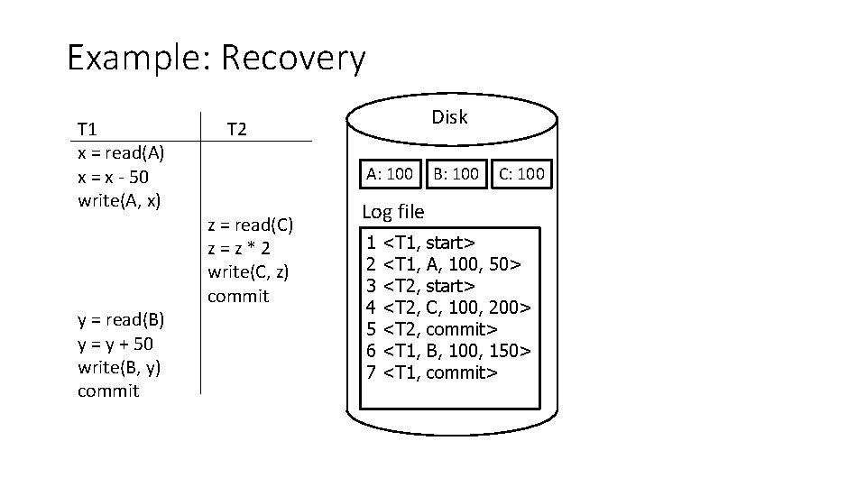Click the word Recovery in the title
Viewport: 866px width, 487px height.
click(292, 60)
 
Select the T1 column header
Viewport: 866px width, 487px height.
click(88, 128)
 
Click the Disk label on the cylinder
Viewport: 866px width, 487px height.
click(449, 116)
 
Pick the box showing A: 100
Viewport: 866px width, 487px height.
click(389, 173)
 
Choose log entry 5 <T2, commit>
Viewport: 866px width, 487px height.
click(432, 329)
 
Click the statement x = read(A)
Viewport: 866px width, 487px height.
click(120, 152)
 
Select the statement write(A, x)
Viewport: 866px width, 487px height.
click(119, 198)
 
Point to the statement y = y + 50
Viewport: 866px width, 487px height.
click(115, 344)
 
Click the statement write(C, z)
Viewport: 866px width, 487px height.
click(248, 271)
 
